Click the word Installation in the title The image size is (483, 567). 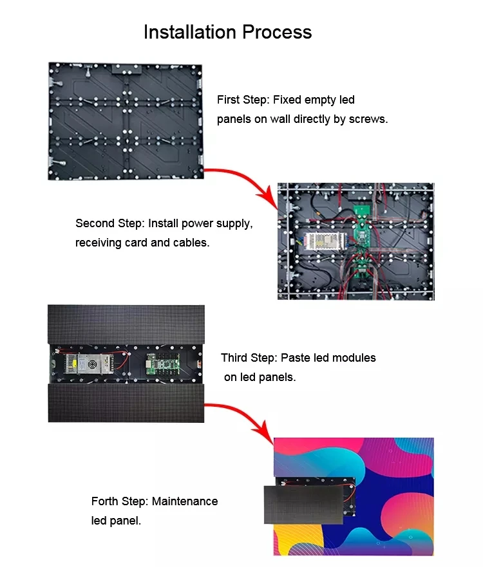[191, 32]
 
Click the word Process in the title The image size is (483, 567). [277, 33]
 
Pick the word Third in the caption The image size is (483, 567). [236, 358]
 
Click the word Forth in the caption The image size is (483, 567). [105, 501]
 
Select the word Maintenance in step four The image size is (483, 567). [185, 501]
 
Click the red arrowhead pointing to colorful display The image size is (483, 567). [264, 432]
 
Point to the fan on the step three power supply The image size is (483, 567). [93, 364]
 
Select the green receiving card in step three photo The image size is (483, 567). [163, 364]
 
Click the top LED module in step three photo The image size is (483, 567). [126, 324]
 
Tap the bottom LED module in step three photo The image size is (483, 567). [126, 403]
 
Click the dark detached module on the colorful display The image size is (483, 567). [303, 505]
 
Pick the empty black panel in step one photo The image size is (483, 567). [126, 121]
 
